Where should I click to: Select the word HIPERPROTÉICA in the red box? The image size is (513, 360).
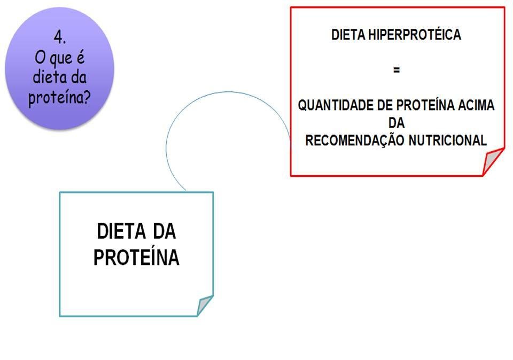[415, 36]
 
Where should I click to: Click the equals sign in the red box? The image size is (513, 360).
[396, 70]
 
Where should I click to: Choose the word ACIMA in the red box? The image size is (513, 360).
[476, 106]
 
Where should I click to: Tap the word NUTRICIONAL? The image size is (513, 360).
[448, 140]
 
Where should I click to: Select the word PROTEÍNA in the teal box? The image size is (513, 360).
[136, 258]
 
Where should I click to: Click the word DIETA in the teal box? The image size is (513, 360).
[120, 232]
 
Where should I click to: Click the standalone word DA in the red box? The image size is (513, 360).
[396, 123]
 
